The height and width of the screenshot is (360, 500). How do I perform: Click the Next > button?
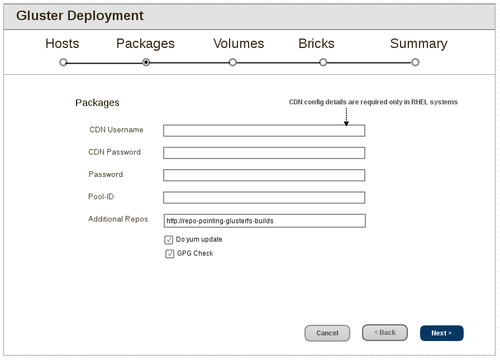pyautogui.click(x=441, y=333)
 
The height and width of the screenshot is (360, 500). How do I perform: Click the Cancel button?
pyautogui.click(x=327, y=333)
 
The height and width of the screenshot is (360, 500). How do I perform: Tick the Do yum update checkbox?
pyautogui.click(x=169, y=240)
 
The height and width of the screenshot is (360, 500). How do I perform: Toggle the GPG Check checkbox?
pyautogui.click(x=170, y=254)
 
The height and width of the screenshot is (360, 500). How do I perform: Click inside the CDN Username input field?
pyautogui.click(x=264, y=131)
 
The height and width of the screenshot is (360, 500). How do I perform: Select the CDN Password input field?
pyautogui.click(x=264, y=153)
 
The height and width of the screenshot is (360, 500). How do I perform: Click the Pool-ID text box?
pyautogui.click(x=264, y=198)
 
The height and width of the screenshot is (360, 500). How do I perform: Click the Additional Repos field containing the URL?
pyautogui.click(x=264, y=220)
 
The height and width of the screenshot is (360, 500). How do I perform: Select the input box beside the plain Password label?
pyautogui.click(x=264, y=175)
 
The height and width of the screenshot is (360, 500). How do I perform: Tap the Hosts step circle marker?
pyautogui.click(x=63, y=63)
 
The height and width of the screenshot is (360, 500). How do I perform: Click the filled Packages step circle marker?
pyautogui.click(x=146, y=63)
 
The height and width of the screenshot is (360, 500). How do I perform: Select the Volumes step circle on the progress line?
pyautogui.click(x=233, y=63)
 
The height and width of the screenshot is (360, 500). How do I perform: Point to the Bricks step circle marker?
pyautogui.click(x=323, y=63)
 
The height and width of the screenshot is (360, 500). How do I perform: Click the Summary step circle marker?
pyautogui.click(x=415, y=63)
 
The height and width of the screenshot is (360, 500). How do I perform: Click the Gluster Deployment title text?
pyautogui.click(x=80, y=16)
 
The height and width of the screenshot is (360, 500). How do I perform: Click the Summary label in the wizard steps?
pyautogui.click(x=418, y=44)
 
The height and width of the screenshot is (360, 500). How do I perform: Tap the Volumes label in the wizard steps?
pyautogui.click(x=239, y=44)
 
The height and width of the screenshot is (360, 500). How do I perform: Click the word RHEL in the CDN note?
pyautogui.click(x=420, y=102)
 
